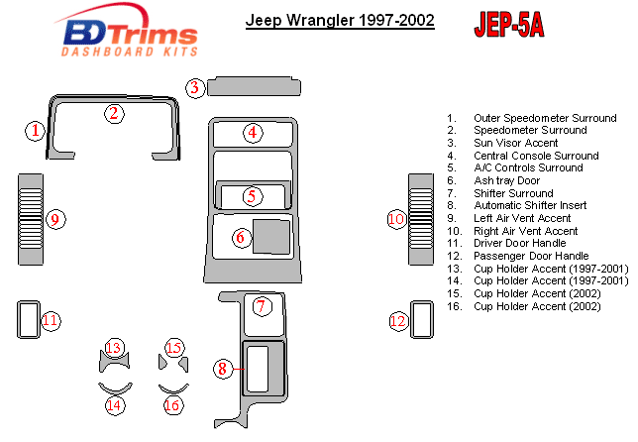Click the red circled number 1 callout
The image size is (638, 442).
[x=36, y=130]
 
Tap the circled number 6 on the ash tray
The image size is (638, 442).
[x=240, y=238]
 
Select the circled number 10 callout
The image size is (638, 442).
[x=396, y=218]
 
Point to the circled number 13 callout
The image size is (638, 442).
[x=114, y=347]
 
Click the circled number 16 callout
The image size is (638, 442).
[x=173, y=404]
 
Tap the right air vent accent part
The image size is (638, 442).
[x=421, y=219]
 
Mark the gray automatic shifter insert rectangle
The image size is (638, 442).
[x=262, y=368]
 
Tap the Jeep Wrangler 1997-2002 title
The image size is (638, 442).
[x=340, y=20]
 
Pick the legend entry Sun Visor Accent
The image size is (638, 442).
[x=516, y=143]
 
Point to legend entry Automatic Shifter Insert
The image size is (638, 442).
[x=535, y=205]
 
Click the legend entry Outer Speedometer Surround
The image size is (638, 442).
[x=545, y=118]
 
